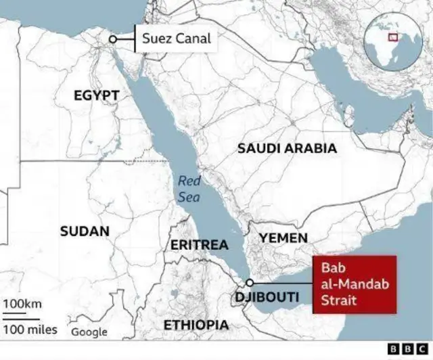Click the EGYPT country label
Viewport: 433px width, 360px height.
click(x=96, y=96)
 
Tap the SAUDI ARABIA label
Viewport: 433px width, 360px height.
click(x=287, y=148)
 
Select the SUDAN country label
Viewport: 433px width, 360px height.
click(x=85, y=231)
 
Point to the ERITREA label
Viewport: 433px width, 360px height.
click(x=199, y=245)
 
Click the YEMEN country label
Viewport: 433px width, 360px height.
click(x=283, y=238)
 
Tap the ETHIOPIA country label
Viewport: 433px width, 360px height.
click(x=196, y=325)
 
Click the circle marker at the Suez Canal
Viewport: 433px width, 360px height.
click(x=113, y=39)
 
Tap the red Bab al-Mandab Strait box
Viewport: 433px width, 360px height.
click(x=354, y=284)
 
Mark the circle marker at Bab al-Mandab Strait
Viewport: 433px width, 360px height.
click(x=250, y=283)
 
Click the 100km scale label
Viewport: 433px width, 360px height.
click(x=22, y=303)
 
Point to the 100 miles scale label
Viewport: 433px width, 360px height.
click(x=30, y=330)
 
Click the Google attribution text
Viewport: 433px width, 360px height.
click(x=89, y=332)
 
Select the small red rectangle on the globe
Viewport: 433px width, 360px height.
click(x=392, y=37)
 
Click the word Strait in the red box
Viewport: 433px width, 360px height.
click(x=339, y=300)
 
